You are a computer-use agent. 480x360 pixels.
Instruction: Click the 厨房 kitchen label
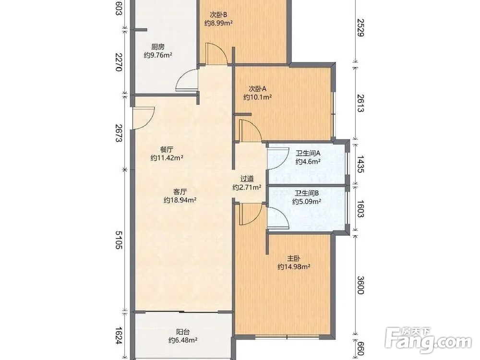click(157, 47)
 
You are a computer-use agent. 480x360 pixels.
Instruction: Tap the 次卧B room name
click(218, 14)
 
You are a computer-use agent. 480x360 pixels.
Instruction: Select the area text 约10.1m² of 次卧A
click(258, 97)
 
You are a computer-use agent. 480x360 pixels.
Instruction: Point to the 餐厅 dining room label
click(167, 150)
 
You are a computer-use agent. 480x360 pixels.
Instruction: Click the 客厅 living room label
click(180, 192)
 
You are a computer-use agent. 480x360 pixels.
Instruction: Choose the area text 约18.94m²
click(180, 200)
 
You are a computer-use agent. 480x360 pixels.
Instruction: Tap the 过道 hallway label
click(247, 179)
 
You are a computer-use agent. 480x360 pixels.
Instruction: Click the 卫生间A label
click(308, 153)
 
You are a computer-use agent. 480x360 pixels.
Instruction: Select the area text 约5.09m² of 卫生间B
click(307, 202)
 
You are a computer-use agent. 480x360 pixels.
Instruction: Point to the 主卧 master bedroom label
click(294, 258)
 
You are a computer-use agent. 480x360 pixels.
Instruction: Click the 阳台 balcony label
click(183, 332)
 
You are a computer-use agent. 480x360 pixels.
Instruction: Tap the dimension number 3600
click(361, 285)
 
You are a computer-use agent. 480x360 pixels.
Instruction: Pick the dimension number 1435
click(361, 164)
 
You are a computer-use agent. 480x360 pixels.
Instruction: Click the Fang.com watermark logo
click(428, 340)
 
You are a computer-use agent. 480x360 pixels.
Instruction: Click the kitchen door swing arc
click(187, 80)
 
